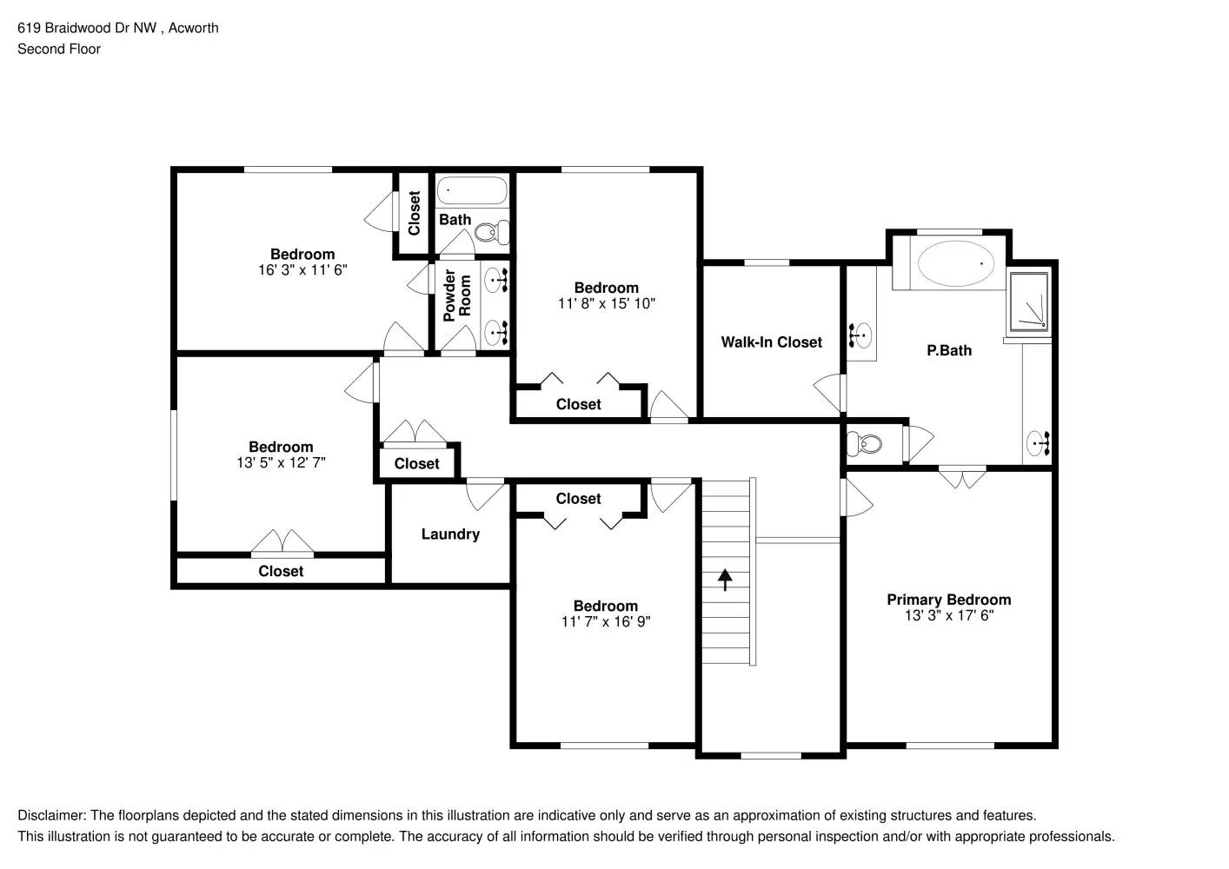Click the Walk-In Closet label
click(771, 342)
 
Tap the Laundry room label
click(450, 534)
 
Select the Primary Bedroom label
click(948, 600)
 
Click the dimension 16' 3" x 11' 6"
click(302, 270)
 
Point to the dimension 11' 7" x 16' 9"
click(606, 622)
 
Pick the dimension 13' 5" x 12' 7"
click(281, 463)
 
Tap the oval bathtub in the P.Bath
click(957, 263)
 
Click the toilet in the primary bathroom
click(864, 445)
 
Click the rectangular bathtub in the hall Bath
click(471, 190)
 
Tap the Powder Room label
click(456, 295)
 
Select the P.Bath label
click(948, 351)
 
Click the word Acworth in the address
click(193, 28)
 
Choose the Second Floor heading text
click(59, 50)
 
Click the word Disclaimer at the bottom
click(51, 816)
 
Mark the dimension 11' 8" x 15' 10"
click(606, 304)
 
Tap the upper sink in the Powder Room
click(497, 280)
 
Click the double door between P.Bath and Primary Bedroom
click(962, 476)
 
